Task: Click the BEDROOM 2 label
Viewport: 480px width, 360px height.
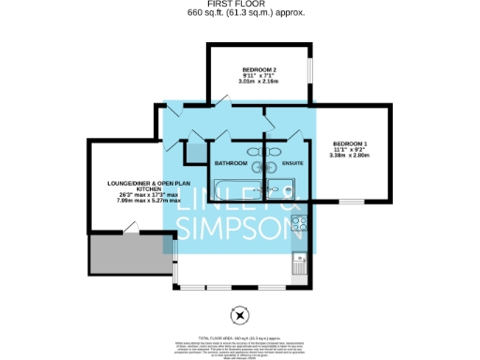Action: click(x=260, y=70)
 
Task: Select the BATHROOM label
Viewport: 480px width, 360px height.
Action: click(x=231, y=163)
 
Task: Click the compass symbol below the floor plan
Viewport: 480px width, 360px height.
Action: click(x=239, y=314)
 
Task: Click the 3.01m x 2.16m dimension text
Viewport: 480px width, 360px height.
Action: click(x=260, y=82)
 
